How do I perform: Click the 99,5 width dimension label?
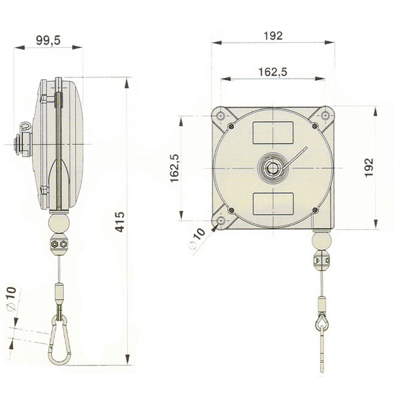click(x=48, y=41)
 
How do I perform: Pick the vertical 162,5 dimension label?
click(x=175, y=169)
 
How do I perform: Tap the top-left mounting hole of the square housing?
click(x=223, y=116)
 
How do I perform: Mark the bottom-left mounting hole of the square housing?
click(x=221, y=220)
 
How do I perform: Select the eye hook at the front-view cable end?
click(x=322, y=322)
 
